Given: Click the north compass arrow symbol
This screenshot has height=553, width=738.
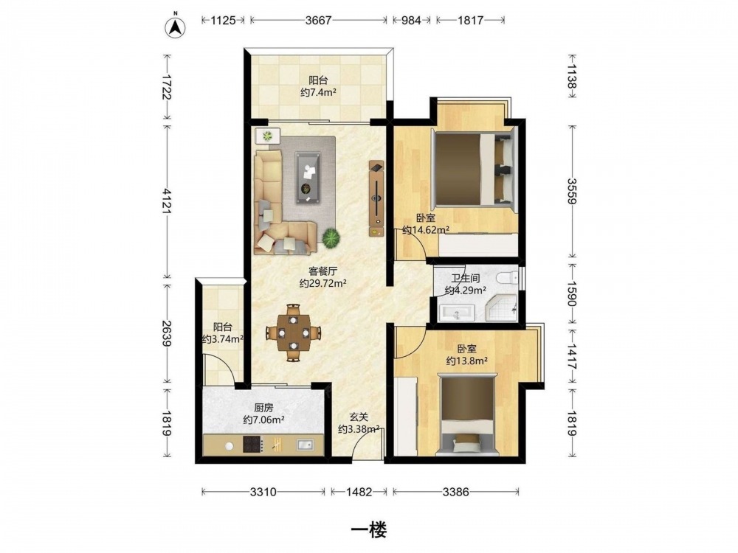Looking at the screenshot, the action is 175,27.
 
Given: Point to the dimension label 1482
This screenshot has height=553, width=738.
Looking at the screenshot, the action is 359,492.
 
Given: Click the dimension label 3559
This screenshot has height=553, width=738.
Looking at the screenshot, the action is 572,191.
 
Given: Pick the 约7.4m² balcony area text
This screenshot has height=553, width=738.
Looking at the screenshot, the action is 318,92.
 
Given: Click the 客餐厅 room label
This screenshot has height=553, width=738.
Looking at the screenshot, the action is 323,271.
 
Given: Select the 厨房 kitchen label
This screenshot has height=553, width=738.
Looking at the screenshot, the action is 263,408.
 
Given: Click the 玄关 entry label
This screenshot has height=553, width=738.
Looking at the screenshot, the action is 359,417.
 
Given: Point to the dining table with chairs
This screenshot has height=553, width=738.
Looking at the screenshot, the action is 293,333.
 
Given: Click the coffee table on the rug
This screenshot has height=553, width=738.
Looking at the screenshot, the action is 308,178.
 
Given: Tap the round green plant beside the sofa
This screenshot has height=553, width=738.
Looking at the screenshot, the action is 331,238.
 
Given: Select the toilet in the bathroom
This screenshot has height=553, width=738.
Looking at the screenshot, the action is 508,278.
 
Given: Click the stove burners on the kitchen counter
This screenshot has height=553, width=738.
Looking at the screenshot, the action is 252,445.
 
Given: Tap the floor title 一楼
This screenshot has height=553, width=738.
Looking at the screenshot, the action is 369,530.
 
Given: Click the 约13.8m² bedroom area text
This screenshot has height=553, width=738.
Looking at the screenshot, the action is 466,361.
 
